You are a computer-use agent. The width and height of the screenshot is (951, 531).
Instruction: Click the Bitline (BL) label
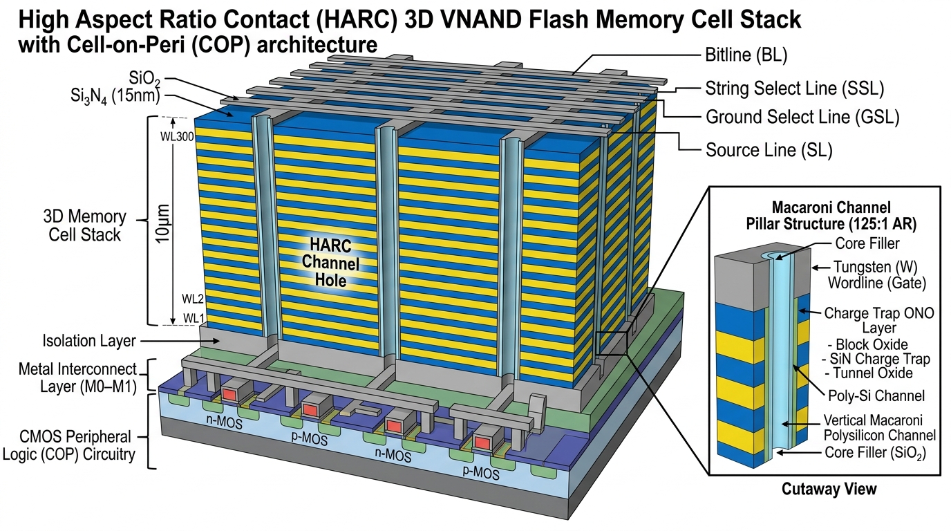746,55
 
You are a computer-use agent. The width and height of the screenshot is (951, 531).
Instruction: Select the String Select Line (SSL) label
794,88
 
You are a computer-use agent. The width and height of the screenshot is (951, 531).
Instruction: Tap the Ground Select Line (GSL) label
802,117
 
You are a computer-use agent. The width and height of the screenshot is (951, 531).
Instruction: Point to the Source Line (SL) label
769,150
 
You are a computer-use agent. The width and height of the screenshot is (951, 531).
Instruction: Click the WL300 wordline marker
177,137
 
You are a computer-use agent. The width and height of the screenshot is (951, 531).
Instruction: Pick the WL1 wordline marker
194,318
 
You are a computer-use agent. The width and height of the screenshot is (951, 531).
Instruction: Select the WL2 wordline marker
193,299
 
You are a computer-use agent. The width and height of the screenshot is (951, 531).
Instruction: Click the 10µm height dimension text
162,223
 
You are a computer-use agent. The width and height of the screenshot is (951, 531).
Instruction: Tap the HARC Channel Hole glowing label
330,263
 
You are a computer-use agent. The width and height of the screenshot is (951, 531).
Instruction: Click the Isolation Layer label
88,341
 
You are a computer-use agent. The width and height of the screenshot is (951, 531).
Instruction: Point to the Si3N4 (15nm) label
115,97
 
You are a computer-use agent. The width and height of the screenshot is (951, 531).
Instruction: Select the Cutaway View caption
829,489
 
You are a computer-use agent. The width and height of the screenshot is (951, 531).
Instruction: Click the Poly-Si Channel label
876,396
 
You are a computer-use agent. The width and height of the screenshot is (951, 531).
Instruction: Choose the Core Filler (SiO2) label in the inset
875,453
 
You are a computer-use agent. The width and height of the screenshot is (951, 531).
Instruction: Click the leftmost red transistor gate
229,394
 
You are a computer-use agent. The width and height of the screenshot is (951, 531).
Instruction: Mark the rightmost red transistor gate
482,442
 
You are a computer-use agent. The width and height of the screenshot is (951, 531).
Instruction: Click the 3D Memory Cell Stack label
84,225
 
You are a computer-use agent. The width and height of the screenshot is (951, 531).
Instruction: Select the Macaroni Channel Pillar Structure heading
831,216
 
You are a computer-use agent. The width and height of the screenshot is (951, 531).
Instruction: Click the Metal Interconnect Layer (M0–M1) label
77,378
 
